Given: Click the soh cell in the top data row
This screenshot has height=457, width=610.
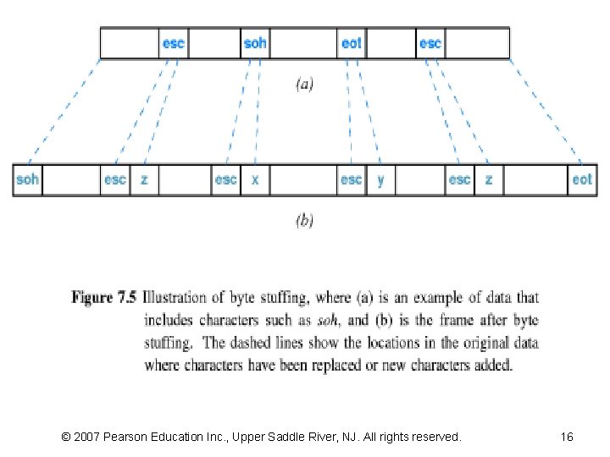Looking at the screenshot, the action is coord(255,43).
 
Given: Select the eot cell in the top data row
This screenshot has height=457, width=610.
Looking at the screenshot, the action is coord(352,43).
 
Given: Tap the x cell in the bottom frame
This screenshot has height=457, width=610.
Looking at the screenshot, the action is coord(255,180).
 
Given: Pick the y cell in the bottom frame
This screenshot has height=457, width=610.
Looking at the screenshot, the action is coord(380,180).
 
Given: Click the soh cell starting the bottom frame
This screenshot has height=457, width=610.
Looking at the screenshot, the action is coord(28,180).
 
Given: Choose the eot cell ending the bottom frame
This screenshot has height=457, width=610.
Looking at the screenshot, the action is coord(582,180).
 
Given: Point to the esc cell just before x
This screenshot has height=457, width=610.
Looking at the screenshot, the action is coord(226,180).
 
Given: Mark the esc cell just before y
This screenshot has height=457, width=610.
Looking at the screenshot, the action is coord(352,180).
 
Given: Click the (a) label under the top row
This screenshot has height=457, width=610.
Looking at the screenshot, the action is coord(304,84).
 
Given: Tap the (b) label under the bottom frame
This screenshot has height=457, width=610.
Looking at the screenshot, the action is coord(304,220).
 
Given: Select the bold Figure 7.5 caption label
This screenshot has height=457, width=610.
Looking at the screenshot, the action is coord(104,298).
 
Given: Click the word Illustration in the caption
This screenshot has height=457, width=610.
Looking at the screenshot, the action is coord(175,298).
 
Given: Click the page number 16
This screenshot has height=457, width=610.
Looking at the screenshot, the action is coord(567,437).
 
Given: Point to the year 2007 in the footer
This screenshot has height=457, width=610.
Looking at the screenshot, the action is coord(86,437).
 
